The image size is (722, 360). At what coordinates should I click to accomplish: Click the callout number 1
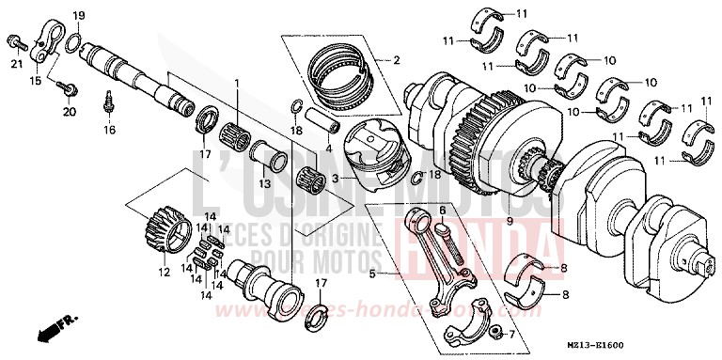click(x=238, y=84)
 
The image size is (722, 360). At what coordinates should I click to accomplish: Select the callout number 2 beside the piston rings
click(x=396, y=61)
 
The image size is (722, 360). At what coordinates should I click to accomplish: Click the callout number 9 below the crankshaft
click(x=561, y=221)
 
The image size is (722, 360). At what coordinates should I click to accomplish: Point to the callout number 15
click(x=35, y=82)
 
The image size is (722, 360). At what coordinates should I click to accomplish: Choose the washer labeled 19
click(x=75, y=39)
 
